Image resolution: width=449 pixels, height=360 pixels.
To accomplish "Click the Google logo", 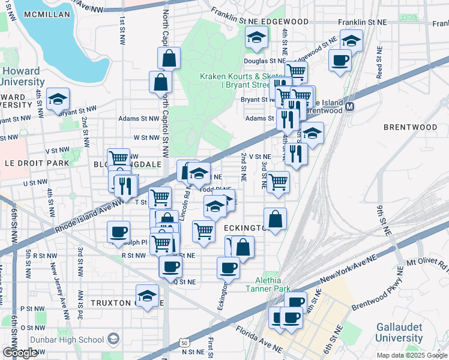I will point(20,353).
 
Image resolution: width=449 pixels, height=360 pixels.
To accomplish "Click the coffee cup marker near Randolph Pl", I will point(118,231).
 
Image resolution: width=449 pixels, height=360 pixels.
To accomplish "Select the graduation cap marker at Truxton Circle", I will point(147,296).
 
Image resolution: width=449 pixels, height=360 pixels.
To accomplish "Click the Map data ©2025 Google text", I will point(411,355).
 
